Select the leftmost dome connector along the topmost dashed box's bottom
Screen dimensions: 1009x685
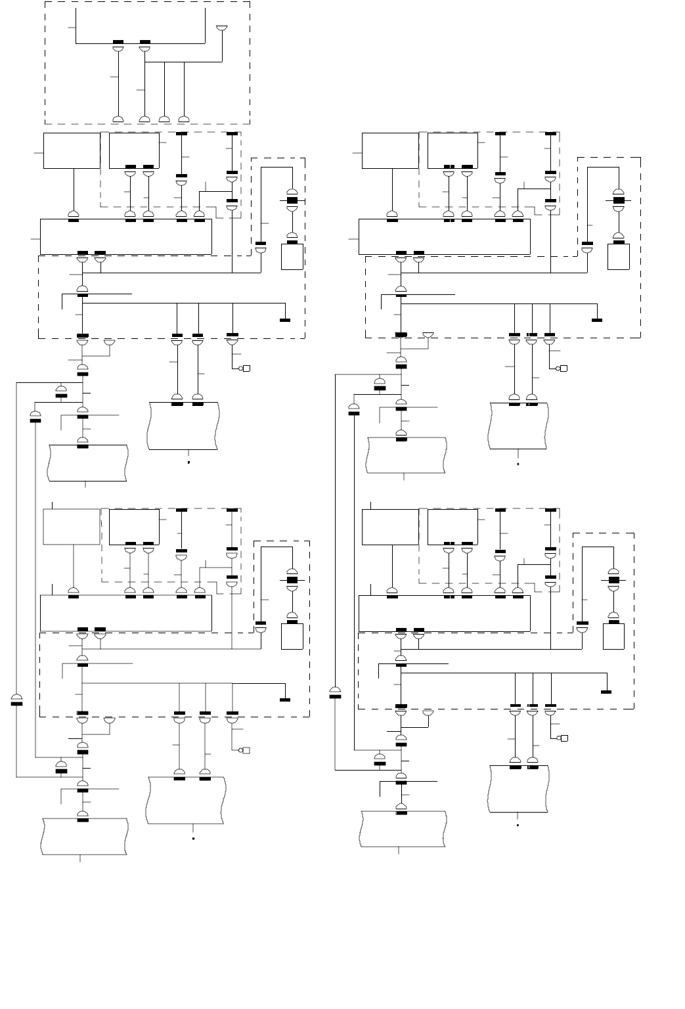coord(118,119)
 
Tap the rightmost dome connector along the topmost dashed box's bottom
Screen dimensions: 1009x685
coord(184,119)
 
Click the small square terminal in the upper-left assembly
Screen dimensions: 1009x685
coord(246,369)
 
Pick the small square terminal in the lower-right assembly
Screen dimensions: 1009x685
coord(563,738)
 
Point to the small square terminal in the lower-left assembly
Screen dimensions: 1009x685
coord(248,750)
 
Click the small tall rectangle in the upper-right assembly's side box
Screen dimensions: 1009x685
coord(618,256)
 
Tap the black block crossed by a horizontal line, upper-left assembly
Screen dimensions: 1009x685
coord(292,200)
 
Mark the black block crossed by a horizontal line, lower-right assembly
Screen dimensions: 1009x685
coord(615,580)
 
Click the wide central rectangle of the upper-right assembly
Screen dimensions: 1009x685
coord(444,236)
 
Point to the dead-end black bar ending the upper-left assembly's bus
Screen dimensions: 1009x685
coord(285,320)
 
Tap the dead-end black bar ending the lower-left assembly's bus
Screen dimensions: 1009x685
coord(285,700)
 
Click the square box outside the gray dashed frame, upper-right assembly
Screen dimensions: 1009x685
coord(391,150)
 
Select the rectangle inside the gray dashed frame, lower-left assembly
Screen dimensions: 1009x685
coord(134,527)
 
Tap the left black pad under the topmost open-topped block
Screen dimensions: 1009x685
coord(118,43)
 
